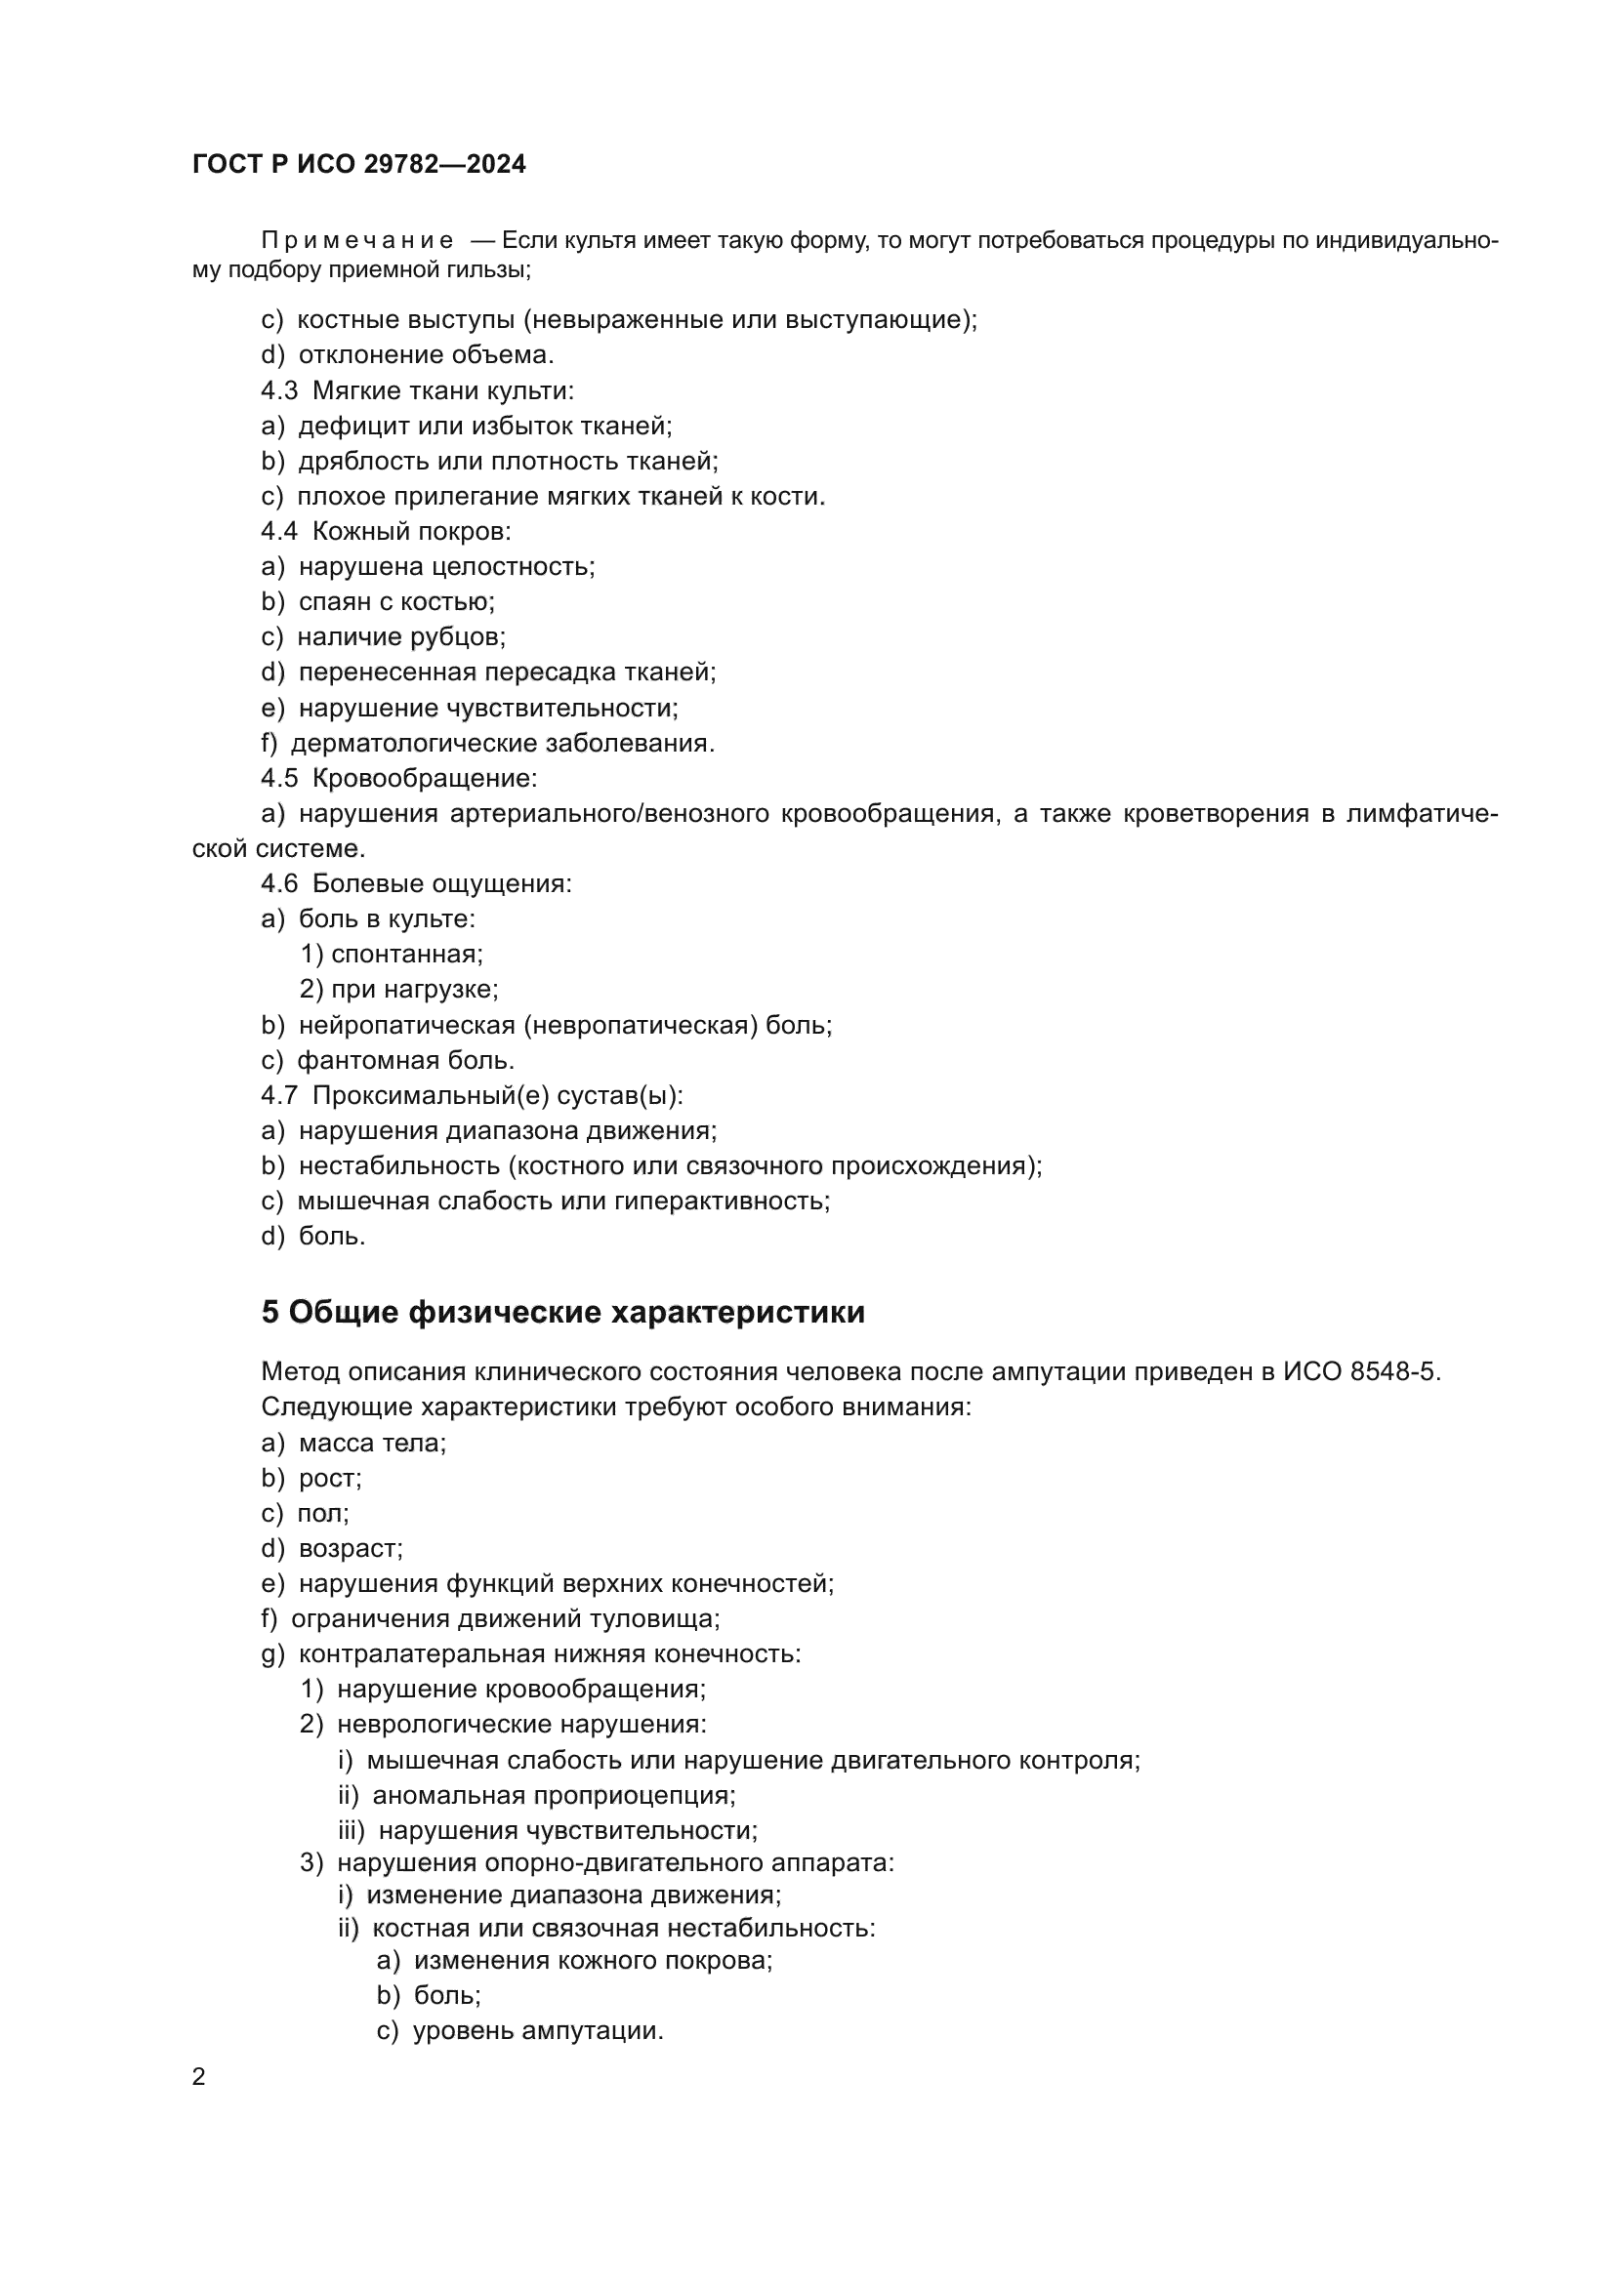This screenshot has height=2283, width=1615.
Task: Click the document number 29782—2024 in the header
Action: click(444, 164)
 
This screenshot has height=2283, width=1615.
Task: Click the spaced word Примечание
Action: click(357, 241)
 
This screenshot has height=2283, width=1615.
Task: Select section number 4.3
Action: click(279, 390)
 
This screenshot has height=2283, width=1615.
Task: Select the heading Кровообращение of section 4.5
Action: click(424, 778)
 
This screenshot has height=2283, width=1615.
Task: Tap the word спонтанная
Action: click(406, 955)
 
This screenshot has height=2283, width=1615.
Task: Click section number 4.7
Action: click(279, 1096)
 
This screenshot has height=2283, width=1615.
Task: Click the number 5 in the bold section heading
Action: click(269, 1313)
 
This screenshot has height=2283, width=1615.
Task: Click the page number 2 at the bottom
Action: click(199, 2077)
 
